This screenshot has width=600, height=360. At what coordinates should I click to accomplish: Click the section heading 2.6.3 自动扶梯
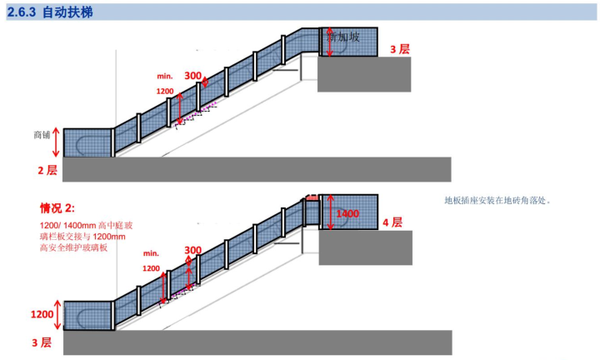coord(48,12)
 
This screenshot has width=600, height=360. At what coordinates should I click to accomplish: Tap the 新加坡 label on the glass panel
coord(343,37)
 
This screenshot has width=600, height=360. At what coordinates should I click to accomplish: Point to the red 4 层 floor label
coord(392,222)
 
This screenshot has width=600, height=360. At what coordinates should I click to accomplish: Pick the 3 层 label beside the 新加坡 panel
coord(400,49)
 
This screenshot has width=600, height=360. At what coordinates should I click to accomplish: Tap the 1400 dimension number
coord(347,214)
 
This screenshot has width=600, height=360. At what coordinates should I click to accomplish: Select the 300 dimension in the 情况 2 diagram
coord(192,250)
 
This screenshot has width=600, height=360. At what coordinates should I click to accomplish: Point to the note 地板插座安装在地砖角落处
coord(498,200)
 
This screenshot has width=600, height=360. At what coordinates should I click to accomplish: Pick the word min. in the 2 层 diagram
coord(164,76)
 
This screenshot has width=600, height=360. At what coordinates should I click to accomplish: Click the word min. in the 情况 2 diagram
coord(151,252)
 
